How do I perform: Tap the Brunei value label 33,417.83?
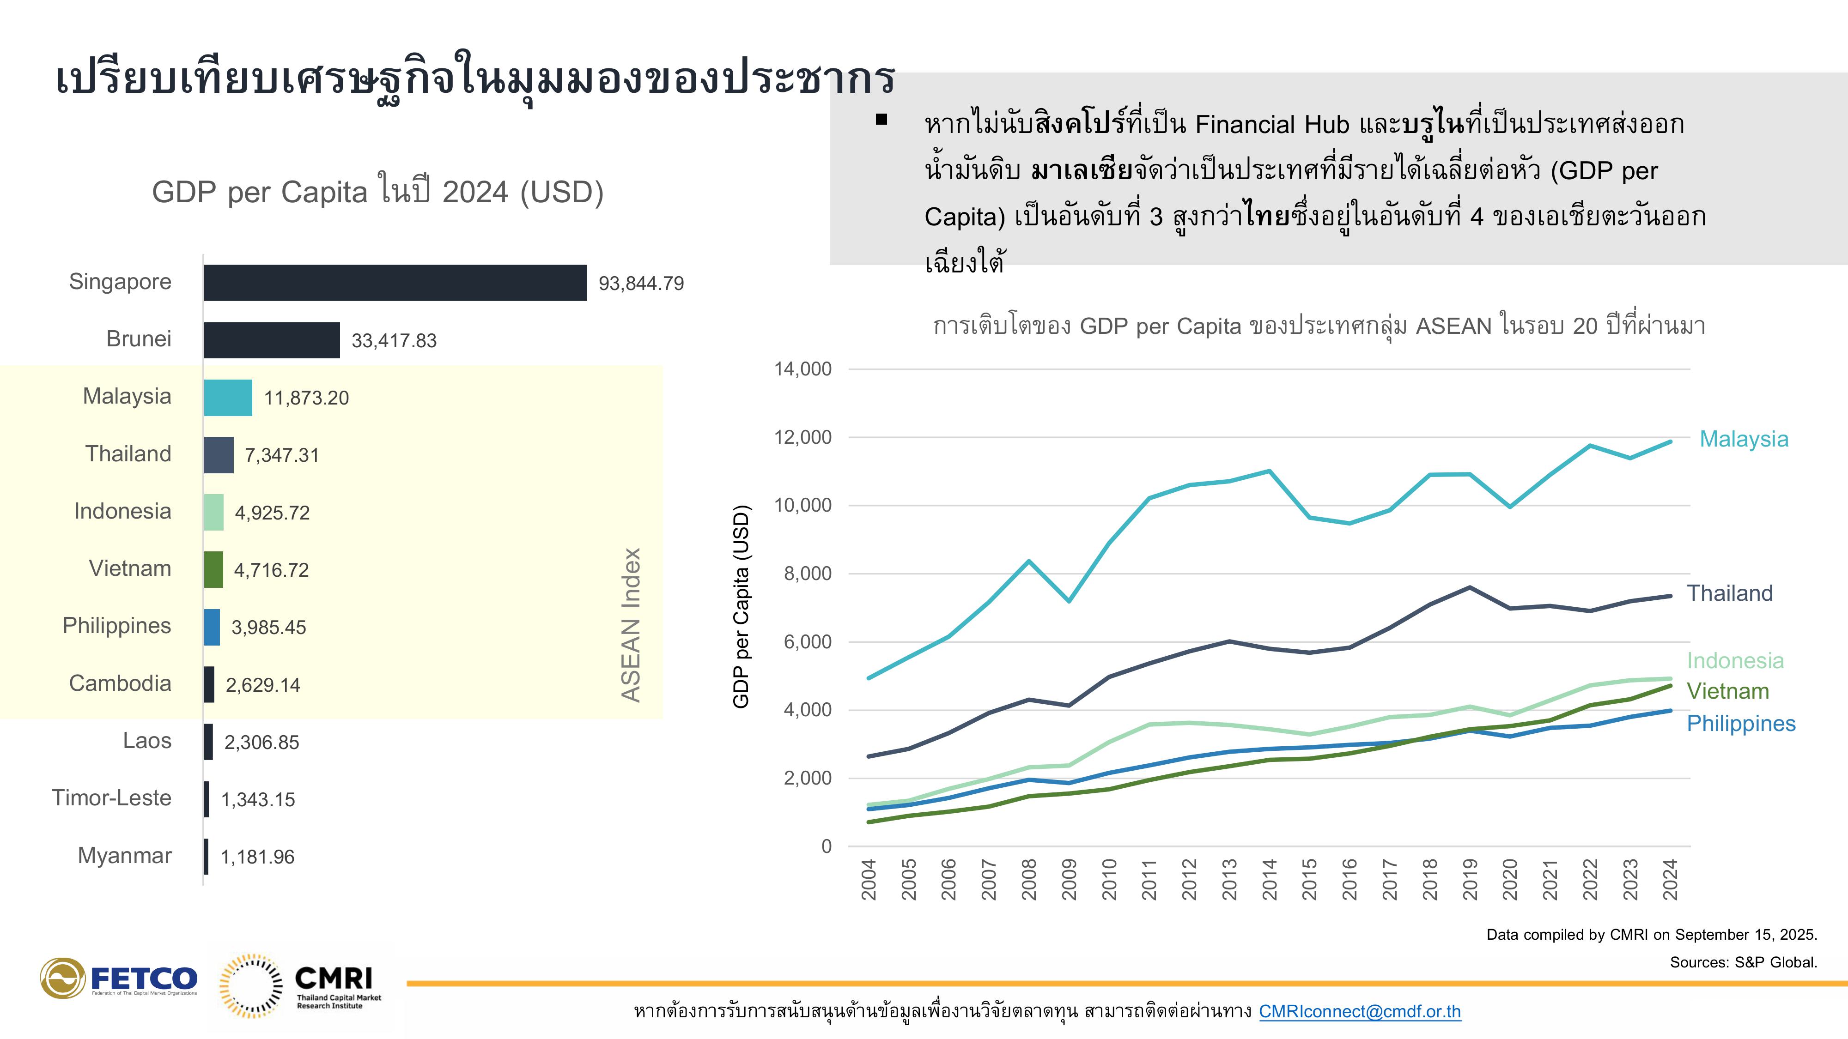pyautogui.click(x=394, y=341)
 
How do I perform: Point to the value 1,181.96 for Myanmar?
pyautogui.click(x=257, y=857)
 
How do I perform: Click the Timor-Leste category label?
pyautogui.click(x=111, y=798)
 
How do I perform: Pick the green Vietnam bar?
pyautogui.click(x=214, y=570)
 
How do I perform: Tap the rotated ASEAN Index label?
pyautogui.click(x=631, y=624)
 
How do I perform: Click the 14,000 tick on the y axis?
pyautogui.click(x=803, y=369)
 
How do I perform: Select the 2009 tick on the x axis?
pyautogui.click(x=1069, y=879)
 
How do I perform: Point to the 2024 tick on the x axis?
pyautogui.click(x=1670, y=879)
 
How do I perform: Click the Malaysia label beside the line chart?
pyautogui.click(x=1744, y=439)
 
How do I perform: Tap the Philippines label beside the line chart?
pyautogui.click(x=1741, y=724)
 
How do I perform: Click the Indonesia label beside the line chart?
pyautogui.click(x=1735, y=660)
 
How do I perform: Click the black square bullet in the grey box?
pyautogui.click(x=881, y=120)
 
